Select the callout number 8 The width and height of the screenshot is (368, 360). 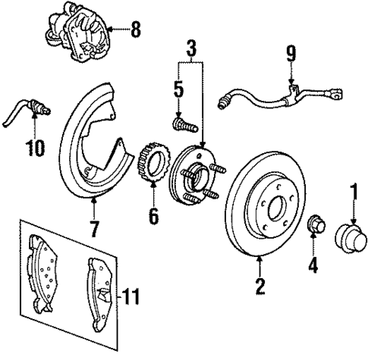click(x=136, y=31)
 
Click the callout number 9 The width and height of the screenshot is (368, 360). click(x=291, y=55)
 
